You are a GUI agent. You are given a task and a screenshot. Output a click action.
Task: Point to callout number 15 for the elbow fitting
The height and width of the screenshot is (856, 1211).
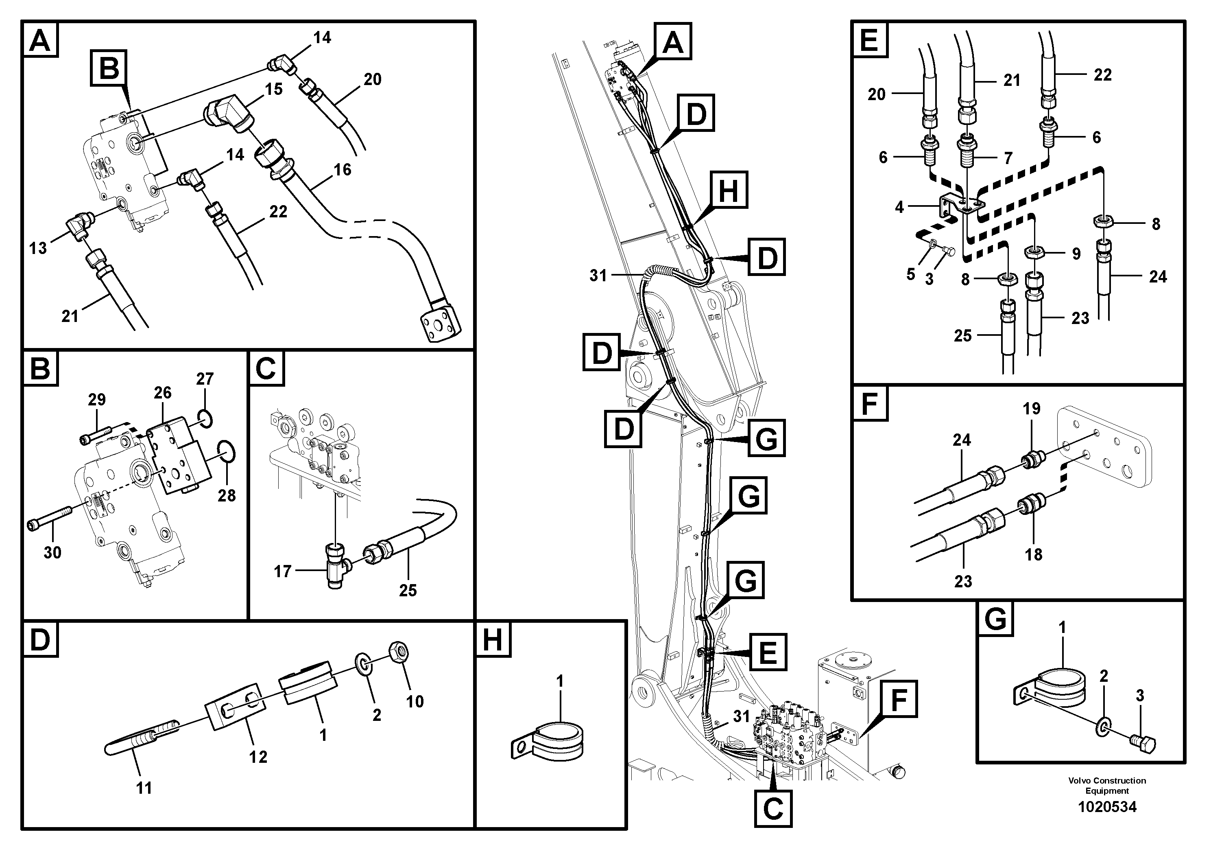point(273,89)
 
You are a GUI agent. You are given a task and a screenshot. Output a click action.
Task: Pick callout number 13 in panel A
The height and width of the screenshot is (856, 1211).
point(37,247)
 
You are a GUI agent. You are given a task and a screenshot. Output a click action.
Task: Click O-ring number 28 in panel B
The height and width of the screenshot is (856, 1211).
point(227,452)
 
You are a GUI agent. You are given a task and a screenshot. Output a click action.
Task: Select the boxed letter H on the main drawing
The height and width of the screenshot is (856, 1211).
point(729,189)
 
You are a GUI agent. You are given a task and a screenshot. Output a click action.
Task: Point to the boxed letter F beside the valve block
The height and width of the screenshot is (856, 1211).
point(898,699)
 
